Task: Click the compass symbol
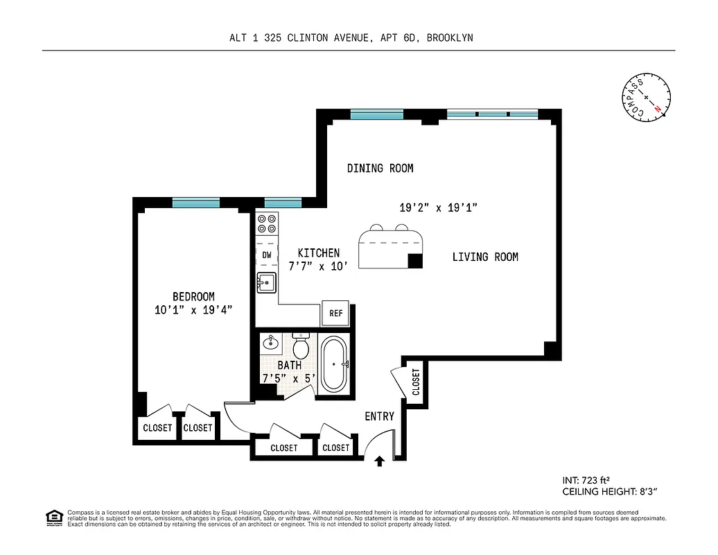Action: (x=646, y=97)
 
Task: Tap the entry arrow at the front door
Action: (x=379, y=461)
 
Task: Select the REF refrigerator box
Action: (x=336, y=313)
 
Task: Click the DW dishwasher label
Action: (x=266, y=255)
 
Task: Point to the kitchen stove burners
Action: (x=266, y=223)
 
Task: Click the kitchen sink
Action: (x=266, y=282)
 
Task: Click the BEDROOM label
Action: (x=193, y=296)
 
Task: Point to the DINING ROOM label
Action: (x=380, y=168)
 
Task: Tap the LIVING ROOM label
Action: (x=485, y=257)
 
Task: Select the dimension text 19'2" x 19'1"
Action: (x=439, y=207)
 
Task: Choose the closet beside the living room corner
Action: (x=416, y=382)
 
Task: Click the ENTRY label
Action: (x=379, y=416)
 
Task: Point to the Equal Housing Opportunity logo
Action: (x=53, y=517)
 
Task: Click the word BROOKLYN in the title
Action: (x=450, y=38)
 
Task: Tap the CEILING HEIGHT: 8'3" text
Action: (x=609, y=491)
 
